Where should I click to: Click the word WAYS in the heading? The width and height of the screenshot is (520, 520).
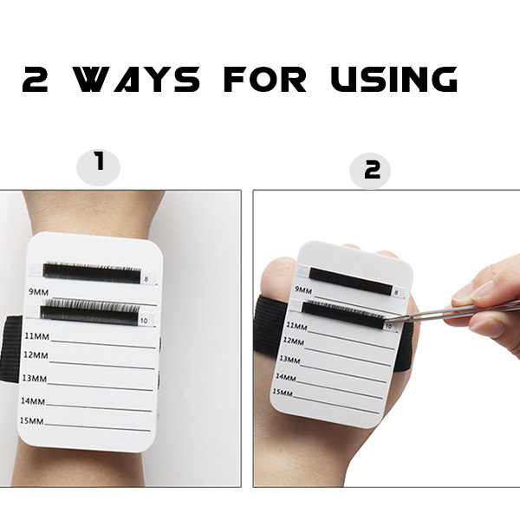coord(136,79)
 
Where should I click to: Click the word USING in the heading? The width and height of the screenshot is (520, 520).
coord(394,79)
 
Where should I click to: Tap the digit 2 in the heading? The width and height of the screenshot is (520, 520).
coord(35,79)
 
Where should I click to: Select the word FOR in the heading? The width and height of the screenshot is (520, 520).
coord(264,79)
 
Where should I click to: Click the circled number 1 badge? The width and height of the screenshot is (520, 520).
coord(98,166)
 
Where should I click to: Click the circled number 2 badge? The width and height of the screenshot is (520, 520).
coord(370,171)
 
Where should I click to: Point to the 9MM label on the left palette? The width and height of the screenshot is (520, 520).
coord(38,292)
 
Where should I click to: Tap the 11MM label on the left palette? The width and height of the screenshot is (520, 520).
coord(36,336)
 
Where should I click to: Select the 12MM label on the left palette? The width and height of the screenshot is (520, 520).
coord(36,355)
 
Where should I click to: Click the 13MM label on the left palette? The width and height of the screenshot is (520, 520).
coord(35,378)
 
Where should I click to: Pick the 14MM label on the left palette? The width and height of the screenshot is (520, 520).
coord(33,401)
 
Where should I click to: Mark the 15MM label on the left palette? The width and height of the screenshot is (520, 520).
coord(31,421)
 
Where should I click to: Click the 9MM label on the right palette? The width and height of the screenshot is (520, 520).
coord(303,289)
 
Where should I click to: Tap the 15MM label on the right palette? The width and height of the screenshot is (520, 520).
coord(283,393)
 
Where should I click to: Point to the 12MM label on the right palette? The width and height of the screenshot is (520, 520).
coord(294,341)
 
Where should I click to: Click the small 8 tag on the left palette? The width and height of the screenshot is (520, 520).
coord(146,280)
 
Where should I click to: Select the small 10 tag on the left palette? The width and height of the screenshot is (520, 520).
coord(144,321)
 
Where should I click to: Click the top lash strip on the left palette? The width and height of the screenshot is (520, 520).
coord(92,273)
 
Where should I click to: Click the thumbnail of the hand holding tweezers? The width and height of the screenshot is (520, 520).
coord(387,338)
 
